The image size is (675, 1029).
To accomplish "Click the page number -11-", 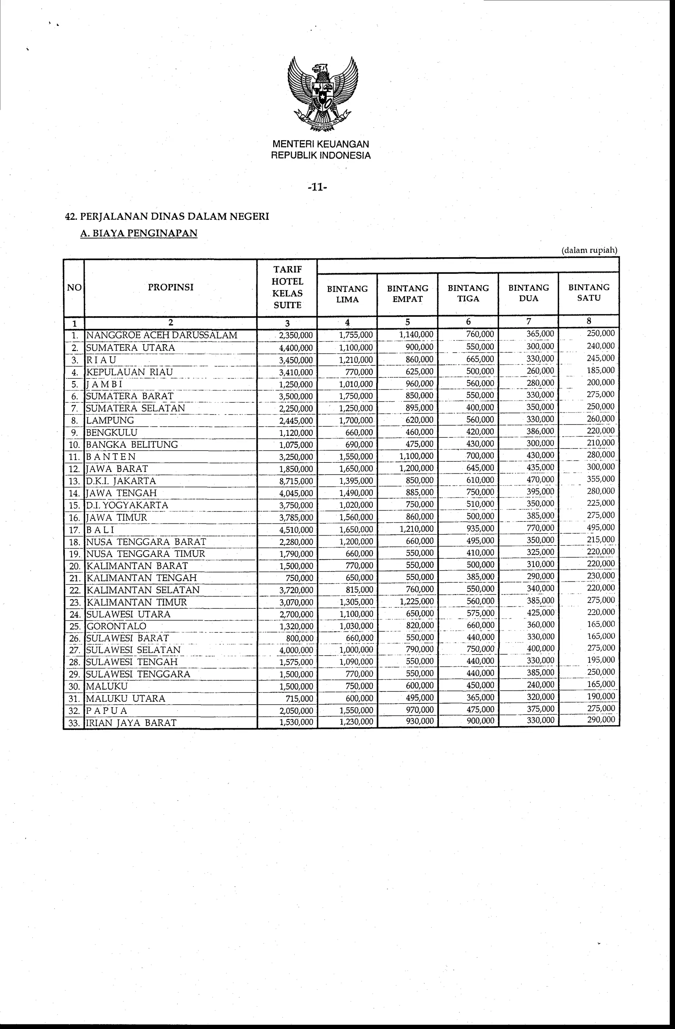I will tap(318, 188).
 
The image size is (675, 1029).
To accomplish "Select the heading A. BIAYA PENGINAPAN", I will tap(139, 233).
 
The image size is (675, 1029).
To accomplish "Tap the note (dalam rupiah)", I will tap(589, 250).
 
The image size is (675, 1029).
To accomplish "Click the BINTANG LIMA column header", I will tap(347, 294).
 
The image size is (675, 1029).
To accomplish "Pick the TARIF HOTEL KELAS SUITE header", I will tap(287, 287).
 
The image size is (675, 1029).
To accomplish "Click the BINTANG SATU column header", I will tap(589, 292).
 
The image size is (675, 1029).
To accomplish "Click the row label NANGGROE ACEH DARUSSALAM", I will tap(162, 335).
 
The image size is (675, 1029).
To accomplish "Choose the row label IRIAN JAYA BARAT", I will tap(132, 722).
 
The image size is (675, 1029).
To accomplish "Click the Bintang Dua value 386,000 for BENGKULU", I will tap(541, 431).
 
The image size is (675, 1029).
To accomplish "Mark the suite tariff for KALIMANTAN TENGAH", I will tap(299, 578).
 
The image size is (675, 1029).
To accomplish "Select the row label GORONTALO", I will tap(116, 626).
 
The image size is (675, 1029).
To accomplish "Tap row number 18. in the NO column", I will tap(74, 542).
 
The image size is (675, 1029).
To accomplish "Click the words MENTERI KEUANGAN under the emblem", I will tap(320, 144).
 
